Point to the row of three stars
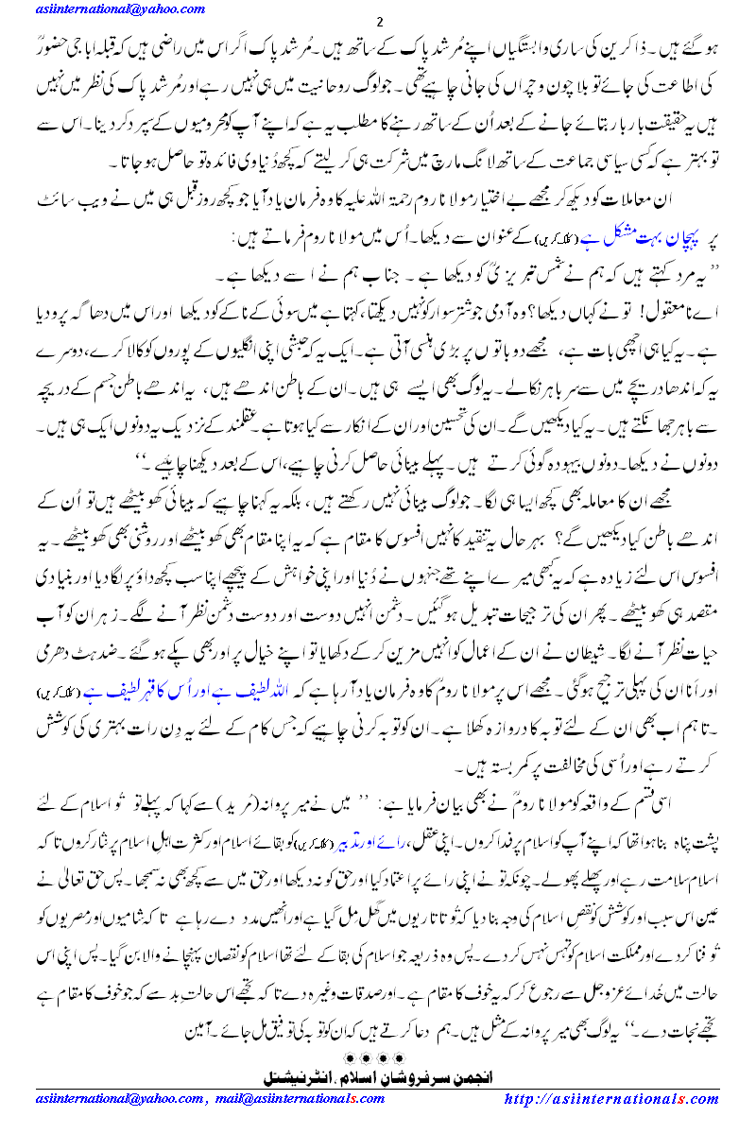[376, 1051]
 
